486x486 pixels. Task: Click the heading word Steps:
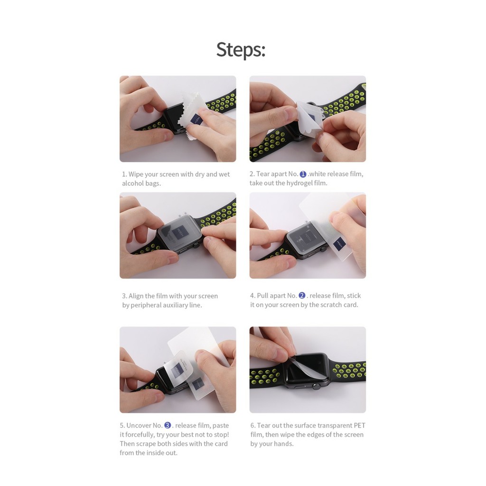[241, 49]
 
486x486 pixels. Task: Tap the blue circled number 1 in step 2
[303, 174]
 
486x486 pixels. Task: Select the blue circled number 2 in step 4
[302, 296]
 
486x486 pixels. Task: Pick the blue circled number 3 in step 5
[168, 425]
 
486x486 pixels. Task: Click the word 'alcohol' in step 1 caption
[133, 183]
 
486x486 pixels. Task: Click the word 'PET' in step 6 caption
[360, 425]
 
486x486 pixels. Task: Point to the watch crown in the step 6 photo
[316, 386]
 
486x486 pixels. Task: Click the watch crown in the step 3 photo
[196, 245]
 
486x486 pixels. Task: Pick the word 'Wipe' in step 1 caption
[136, 174]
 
